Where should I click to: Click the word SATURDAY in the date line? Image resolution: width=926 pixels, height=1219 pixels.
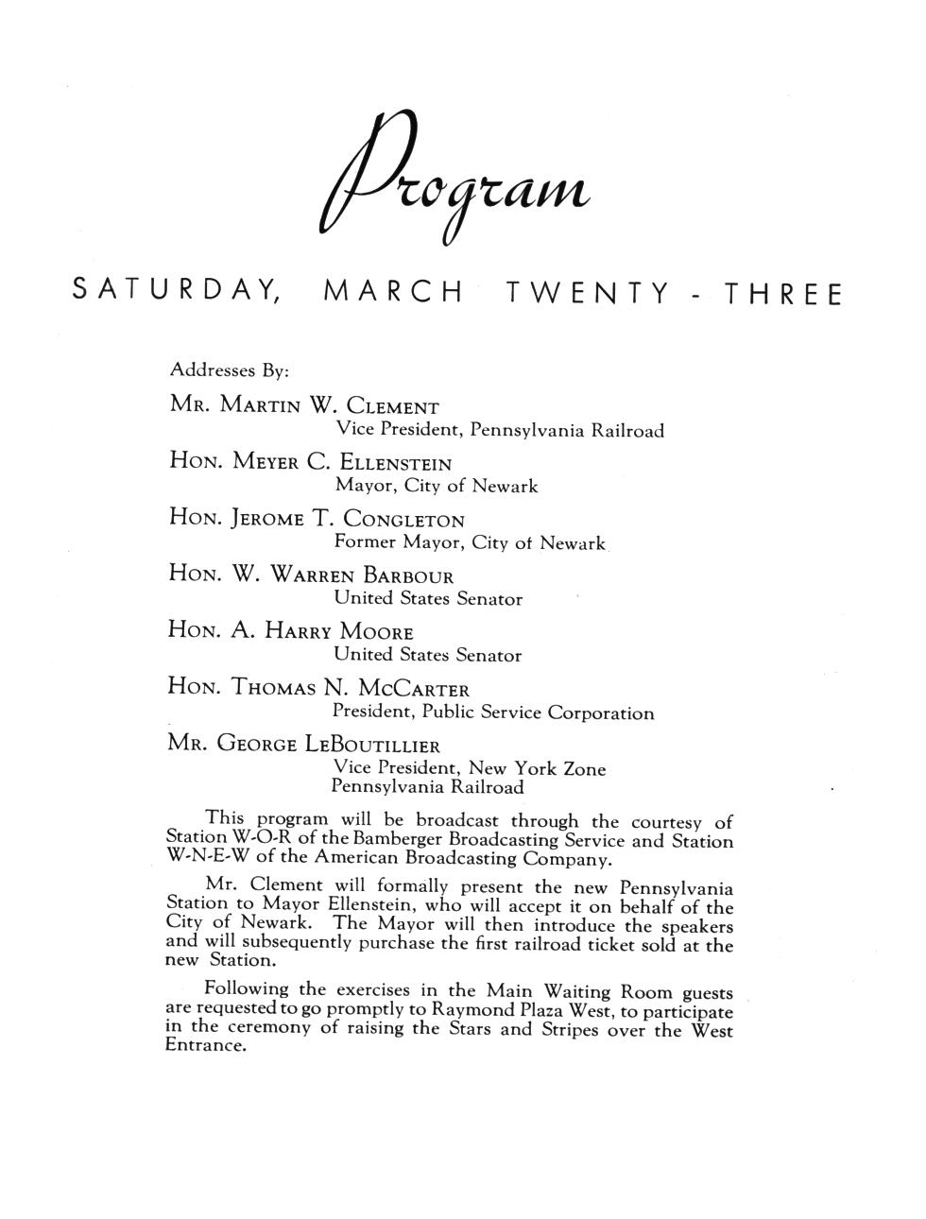[175, 293]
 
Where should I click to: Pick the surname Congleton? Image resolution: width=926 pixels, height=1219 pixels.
[403, 520]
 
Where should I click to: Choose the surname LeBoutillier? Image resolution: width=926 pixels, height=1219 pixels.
[372, 745]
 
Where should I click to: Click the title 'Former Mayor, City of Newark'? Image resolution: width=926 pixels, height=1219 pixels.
[470, 543]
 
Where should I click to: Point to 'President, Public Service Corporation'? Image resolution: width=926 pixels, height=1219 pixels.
[492, 713]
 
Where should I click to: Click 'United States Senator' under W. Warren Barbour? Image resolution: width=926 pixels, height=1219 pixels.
[428, 599]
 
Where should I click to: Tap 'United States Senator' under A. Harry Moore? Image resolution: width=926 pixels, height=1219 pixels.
[428, 655]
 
